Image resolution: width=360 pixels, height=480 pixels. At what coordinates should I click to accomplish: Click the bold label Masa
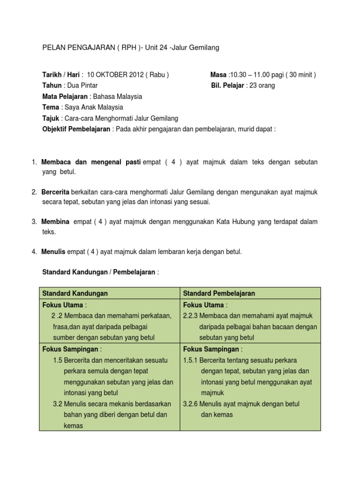(x=218, y=75)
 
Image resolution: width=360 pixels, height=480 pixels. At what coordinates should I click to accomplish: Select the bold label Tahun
(x=52, y=85)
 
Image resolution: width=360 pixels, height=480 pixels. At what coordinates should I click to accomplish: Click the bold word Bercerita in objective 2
(x=55, y=192)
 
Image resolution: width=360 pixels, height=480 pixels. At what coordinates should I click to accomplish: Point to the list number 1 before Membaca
(x=34, y=162)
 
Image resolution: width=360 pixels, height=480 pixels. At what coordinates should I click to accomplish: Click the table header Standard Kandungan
(x=75, y=293)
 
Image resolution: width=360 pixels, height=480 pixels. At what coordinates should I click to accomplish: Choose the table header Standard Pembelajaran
(x=219, y=293)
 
